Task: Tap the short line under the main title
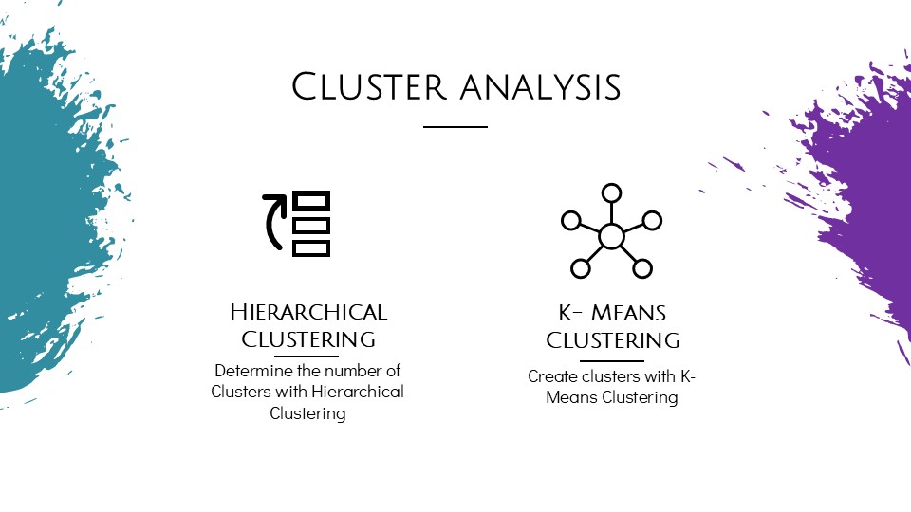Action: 455,126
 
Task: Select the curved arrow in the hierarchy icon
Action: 275,222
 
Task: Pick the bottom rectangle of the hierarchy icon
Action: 311,247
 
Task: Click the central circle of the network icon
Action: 611,236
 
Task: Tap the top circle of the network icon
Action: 611,193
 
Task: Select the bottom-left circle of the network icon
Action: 580,268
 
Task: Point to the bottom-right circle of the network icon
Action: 642,268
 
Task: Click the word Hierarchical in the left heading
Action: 308,312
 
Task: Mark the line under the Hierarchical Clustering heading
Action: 306,356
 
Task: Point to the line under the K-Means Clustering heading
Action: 611,360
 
